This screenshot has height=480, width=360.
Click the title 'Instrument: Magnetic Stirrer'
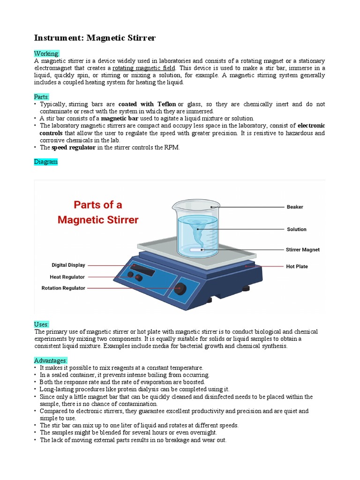coord(95,37)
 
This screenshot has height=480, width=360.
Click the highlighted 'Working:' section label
coord(46,53)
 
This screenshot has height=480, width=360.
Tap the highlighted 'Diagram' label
coord(46,162)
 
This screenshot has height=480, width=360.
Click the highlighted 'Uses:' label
coord(42,324)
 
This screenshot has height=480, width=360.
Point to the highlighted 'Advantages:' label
coord(51,360)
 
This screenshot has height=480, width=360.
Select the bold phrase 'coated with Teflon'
coord(147,104)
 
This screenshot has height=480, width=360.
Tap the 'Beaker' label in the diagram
coord(295,207)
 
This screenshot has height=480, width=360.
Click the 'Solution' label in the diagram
coord(296,229)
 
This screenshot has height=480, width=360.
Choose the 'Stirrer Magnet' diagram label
coord(303,250)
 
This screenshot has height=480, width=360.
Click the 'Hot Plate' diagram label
coord(297,267)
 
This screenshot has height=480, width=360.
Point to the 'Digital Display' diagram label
coord(68,265)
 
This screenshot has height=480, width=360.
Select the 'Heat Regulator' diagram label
coord(67,277)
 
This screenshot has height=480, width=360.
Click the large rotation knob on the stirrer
coord(179,289)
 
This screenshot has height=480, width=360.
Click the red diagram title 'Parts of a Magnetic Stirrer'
coord(98,212)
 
